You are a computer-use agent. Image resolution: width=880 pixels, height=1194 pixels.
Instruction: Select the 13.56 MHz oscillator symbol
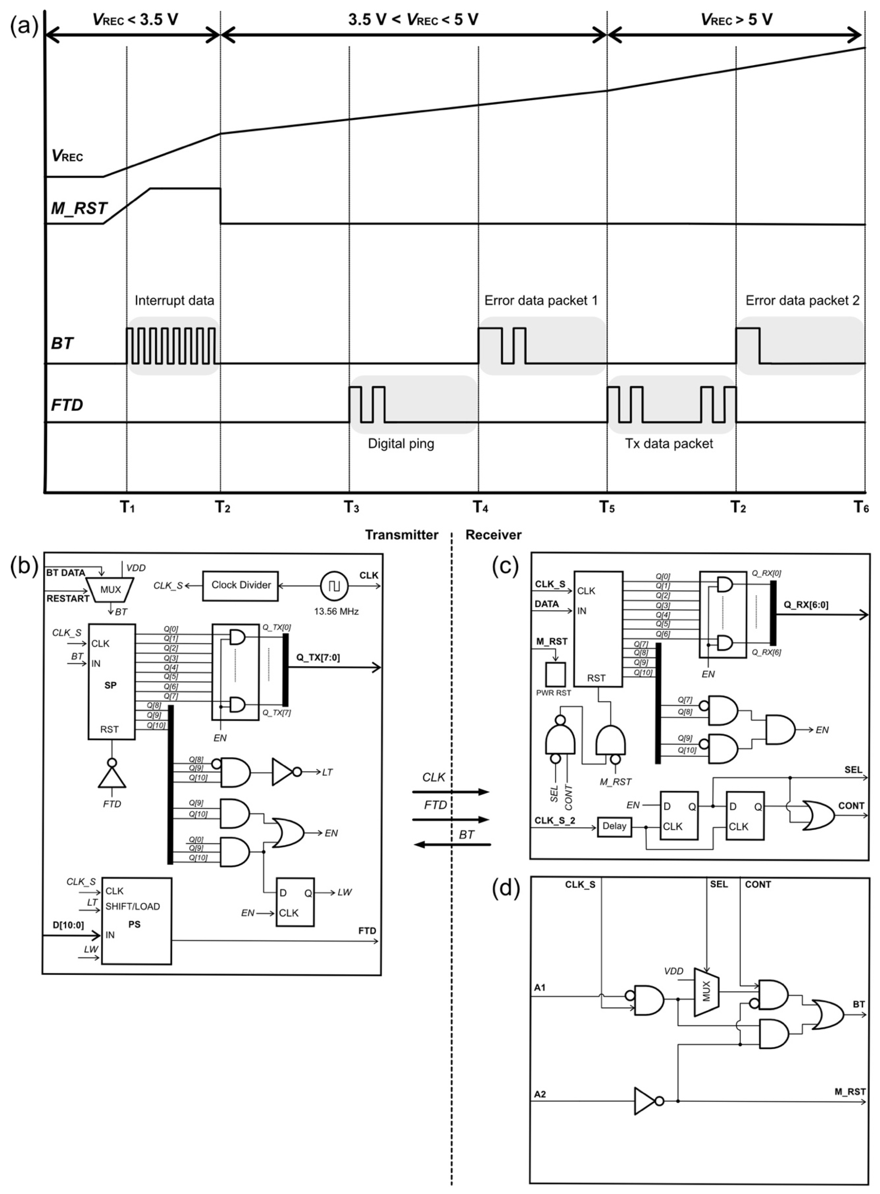(334, 586)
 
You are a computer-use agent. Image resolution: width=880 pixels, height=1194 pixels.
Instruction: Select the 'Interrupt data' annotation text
(174, 301)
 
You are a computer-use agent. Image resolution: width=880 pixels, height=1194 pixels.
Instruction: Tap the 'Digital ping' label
(401, 443)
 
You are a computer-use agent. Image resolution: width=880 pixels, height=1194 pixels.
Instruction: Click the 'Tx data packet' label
(669, 443)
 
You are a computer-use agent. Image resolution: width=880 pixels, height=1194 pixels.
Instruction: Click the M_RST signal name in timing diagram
(79, 208)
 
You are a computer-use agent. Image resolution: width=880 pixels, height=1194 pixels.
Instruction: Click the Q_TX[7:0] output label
(318, 657)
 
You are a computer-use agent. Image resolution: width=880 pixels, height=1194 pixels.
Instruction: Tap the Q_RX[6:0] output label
(806, 604)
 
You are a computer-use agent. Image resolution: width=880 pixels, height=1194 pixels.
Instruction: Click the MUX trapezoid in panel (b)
(110, 590)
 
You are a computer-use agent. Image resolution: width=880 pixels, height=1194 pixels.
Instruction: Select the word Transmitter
(402, 535)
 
